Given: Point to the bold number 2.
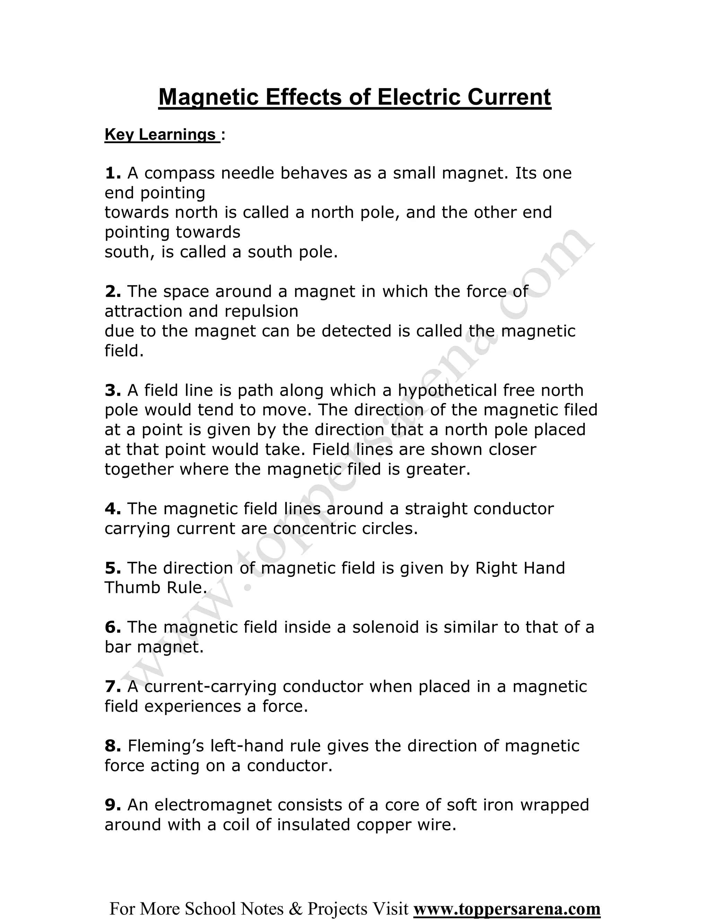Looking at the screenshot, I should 112,291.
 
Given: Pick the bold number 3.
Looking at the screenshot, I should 112,390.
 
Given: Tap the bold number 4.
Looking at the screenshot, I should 112,509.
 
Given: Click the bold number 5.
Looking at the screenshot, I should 112,568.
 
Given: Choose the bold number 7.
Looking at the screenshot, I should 112,686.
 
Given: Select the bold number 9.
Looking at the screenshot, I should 112,805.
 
